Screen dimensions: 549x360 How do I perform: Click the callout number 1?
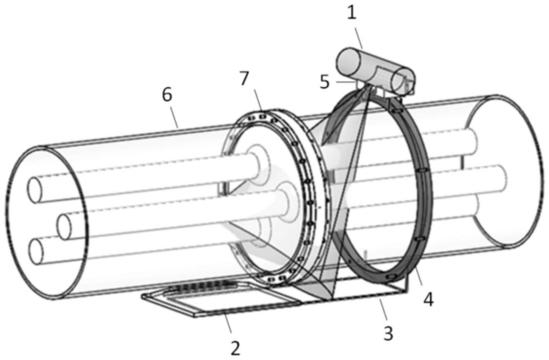click(351, 13)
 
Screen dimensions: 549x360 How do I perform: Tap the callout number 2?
click(236, 348)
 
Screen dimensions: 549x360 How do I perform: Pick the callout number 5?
click(324, 82)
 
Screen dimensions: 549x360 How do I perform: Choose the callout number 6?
click(167, 94)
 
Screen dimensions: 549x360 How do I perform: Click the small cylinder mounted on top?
click(376, 72)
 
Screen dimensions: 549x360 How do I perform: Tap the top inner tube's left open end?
click(35, 190)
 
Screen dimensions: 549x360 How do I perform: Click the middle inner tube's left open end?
click(64, 227)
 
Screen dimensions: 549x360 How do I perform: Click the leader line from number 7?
click(257, 99)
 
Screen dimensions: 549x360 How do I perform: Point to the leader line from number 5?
click(344, 82)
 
